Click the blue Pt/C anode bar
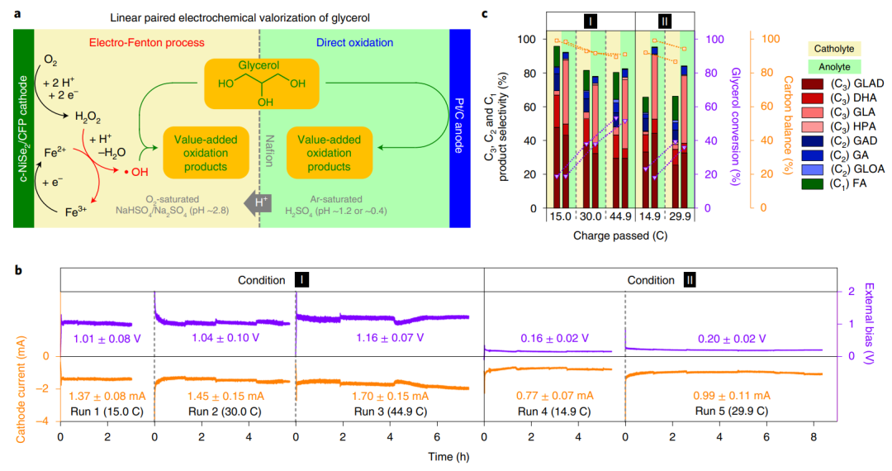pos(459,127)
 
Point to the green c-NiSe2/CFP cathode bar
pos(22,127)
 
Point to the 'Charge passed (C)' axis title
pos(614,235)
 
